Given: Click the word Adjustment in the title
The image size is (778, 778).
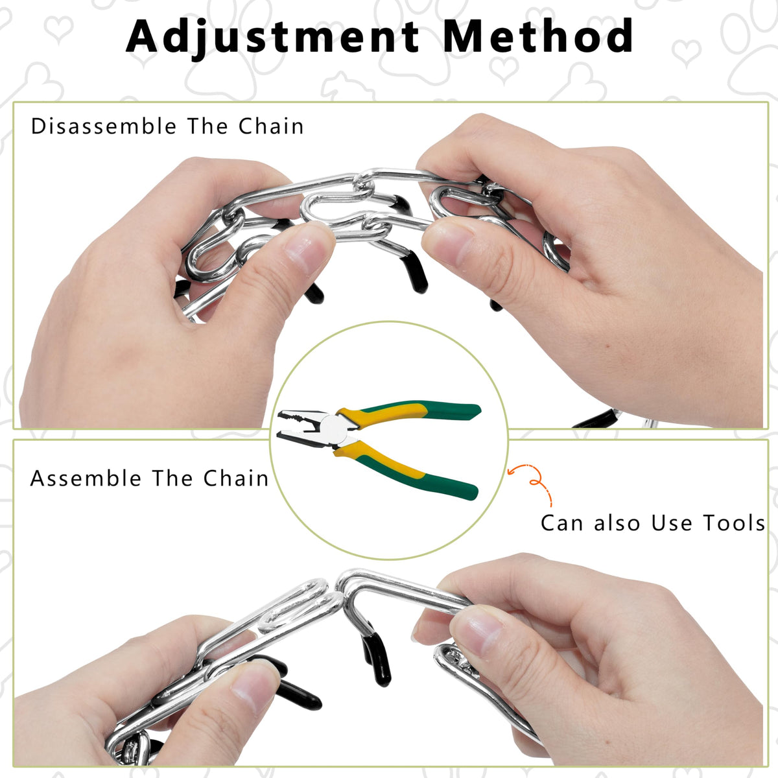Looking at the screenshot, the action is pyautogui.click(x=272, y=37).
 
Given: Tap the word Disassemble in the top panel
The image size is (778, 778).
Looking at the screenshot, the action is pyautogui.click(x=104, y=126).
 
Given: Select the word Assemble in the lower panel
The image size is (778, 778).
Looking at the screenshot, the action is pyautogui.click(x=86, y=478).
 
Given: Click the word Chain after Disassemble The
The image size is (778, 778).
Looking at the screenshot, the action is pyautogui.click(x=271, y=126).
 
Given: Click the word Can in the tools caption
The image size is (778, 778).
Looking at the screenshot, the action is pyautogui.click(x=561, y=523).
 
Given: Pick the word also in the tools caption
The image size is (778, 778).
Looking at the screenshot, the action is pyautogui.click(x=617, y=523).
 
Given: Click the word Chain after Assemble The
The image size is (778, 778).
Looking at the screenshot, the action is pyautogui.click(x=236, y=478).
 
